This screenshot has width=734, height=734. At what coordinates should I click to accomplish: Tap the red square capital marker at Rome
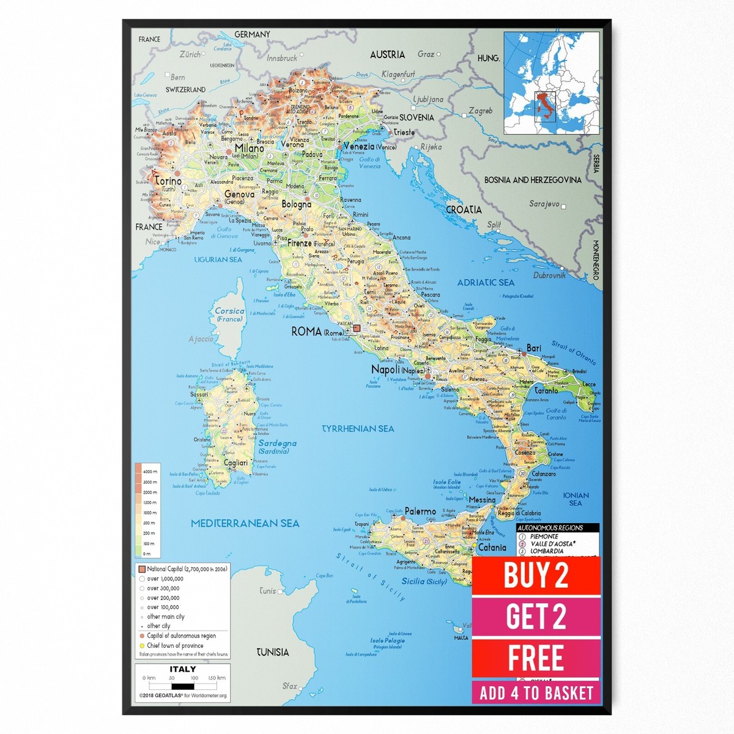[x=357, y=328]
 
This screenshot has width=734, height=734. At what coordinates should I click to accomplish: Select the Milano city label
[x=249, y=149]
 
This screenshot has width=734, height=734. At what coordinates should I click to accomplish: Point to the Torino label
[x=168, y=181]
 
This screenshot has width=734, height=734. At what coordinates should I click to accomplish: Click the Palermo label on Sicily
[x=420, y=511]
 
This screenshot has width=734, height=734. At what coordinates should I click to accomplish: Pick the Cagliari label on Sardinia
[x=235, y=463]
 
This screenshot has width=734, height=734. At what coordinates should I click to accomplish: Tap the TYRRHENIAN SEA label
[x=358, y=429]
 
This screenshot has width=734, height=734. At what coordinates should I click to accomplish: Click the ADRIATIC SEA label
[x=486, y=283]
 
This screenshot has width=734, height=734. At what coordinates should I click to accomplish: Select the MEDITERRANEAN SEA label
[x=245, y=523]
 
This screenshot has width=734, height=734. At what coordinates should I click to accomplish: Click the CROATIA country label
[x=464, y=209]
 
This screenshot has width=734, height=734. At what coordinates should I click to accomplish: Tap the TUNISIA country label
[x=272, y=652]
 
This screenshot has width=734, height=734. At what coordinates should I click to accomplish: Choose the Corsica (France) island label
[x=229, y=314]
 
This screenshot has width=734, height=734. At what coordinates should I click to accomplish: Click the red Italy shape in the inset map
[x=542, y=105]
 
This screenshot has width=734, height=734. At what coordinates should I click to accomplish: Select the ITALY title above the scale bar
[x=183, y=669]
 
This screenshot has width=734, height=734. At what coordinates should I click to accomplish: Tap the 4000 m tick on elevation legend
[x=150, y=472]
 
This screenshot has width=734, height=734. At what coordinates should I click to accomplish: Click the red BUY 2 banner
[x=536, y=575]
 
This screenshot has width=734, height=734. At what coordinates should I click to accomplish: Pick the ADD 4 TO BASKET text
[x=536, y=693]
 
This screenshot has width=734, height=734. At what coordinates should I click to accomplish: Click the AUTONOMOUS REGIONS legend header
[x=550, y=527]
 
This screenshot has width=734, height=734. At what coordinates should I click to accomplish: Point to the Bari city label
[x=534, y=348]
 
